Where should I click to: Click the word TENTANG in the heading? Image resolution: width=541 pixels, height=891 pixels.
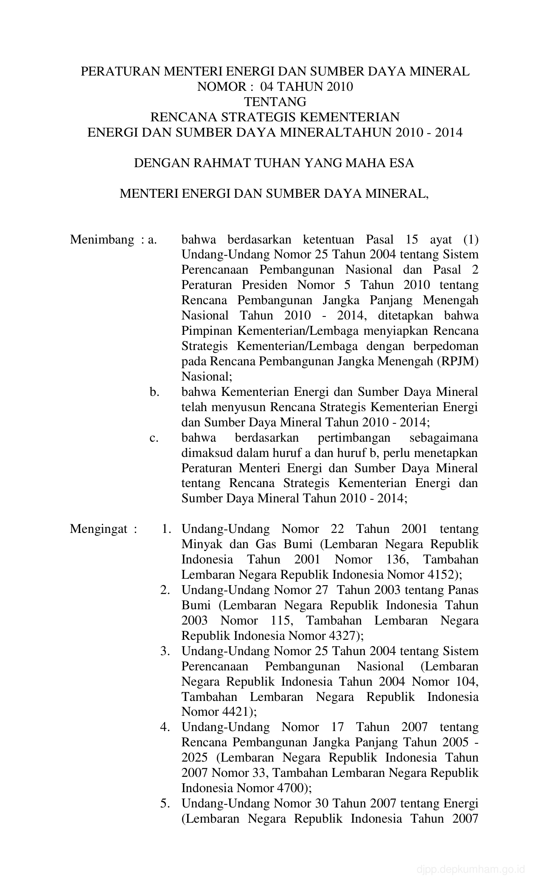click(x=275, y=102)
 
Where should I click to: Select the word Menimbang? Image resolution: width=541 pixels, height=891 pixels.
click(x=102, y=240)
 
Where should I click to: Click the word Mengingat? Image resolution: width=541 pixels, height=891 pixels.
click(x=99, y=529)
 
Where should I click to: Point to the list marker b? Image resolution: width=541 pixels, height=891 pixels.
click(x=154, y=392)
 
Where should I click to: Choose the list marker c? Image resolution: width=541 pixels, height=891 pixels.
click(x=154, y=437)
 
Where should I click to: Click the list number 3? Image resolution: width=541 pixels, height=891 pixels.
click(x=165, y=651)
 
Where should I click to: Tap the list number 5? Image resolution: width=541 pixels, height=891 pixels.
click(x=165, y=803)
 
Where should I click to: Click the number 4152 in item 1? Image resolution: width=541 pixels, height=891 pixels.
click(x=441, y=575)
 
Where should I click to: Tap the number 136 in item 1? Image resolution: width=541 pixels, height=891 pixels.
click(x=396, y=560)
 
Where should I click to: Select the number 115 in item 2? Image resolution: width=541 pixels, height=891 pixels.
click(x=280, y=621)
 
